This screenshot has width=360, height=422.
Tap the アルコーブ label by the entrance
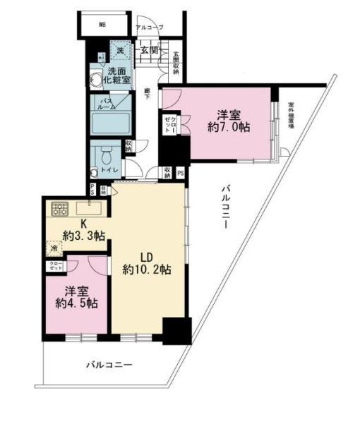click(149, 27)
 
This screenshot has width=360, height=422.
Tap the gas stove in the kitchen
click(59, 208)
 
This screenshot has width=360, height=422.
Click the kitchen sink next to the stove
click(89, 208)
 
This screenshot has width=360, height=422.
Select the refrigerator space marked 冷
click(52, 248)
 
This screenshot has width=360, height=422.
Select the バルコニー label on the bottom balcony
click(109, 364)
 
